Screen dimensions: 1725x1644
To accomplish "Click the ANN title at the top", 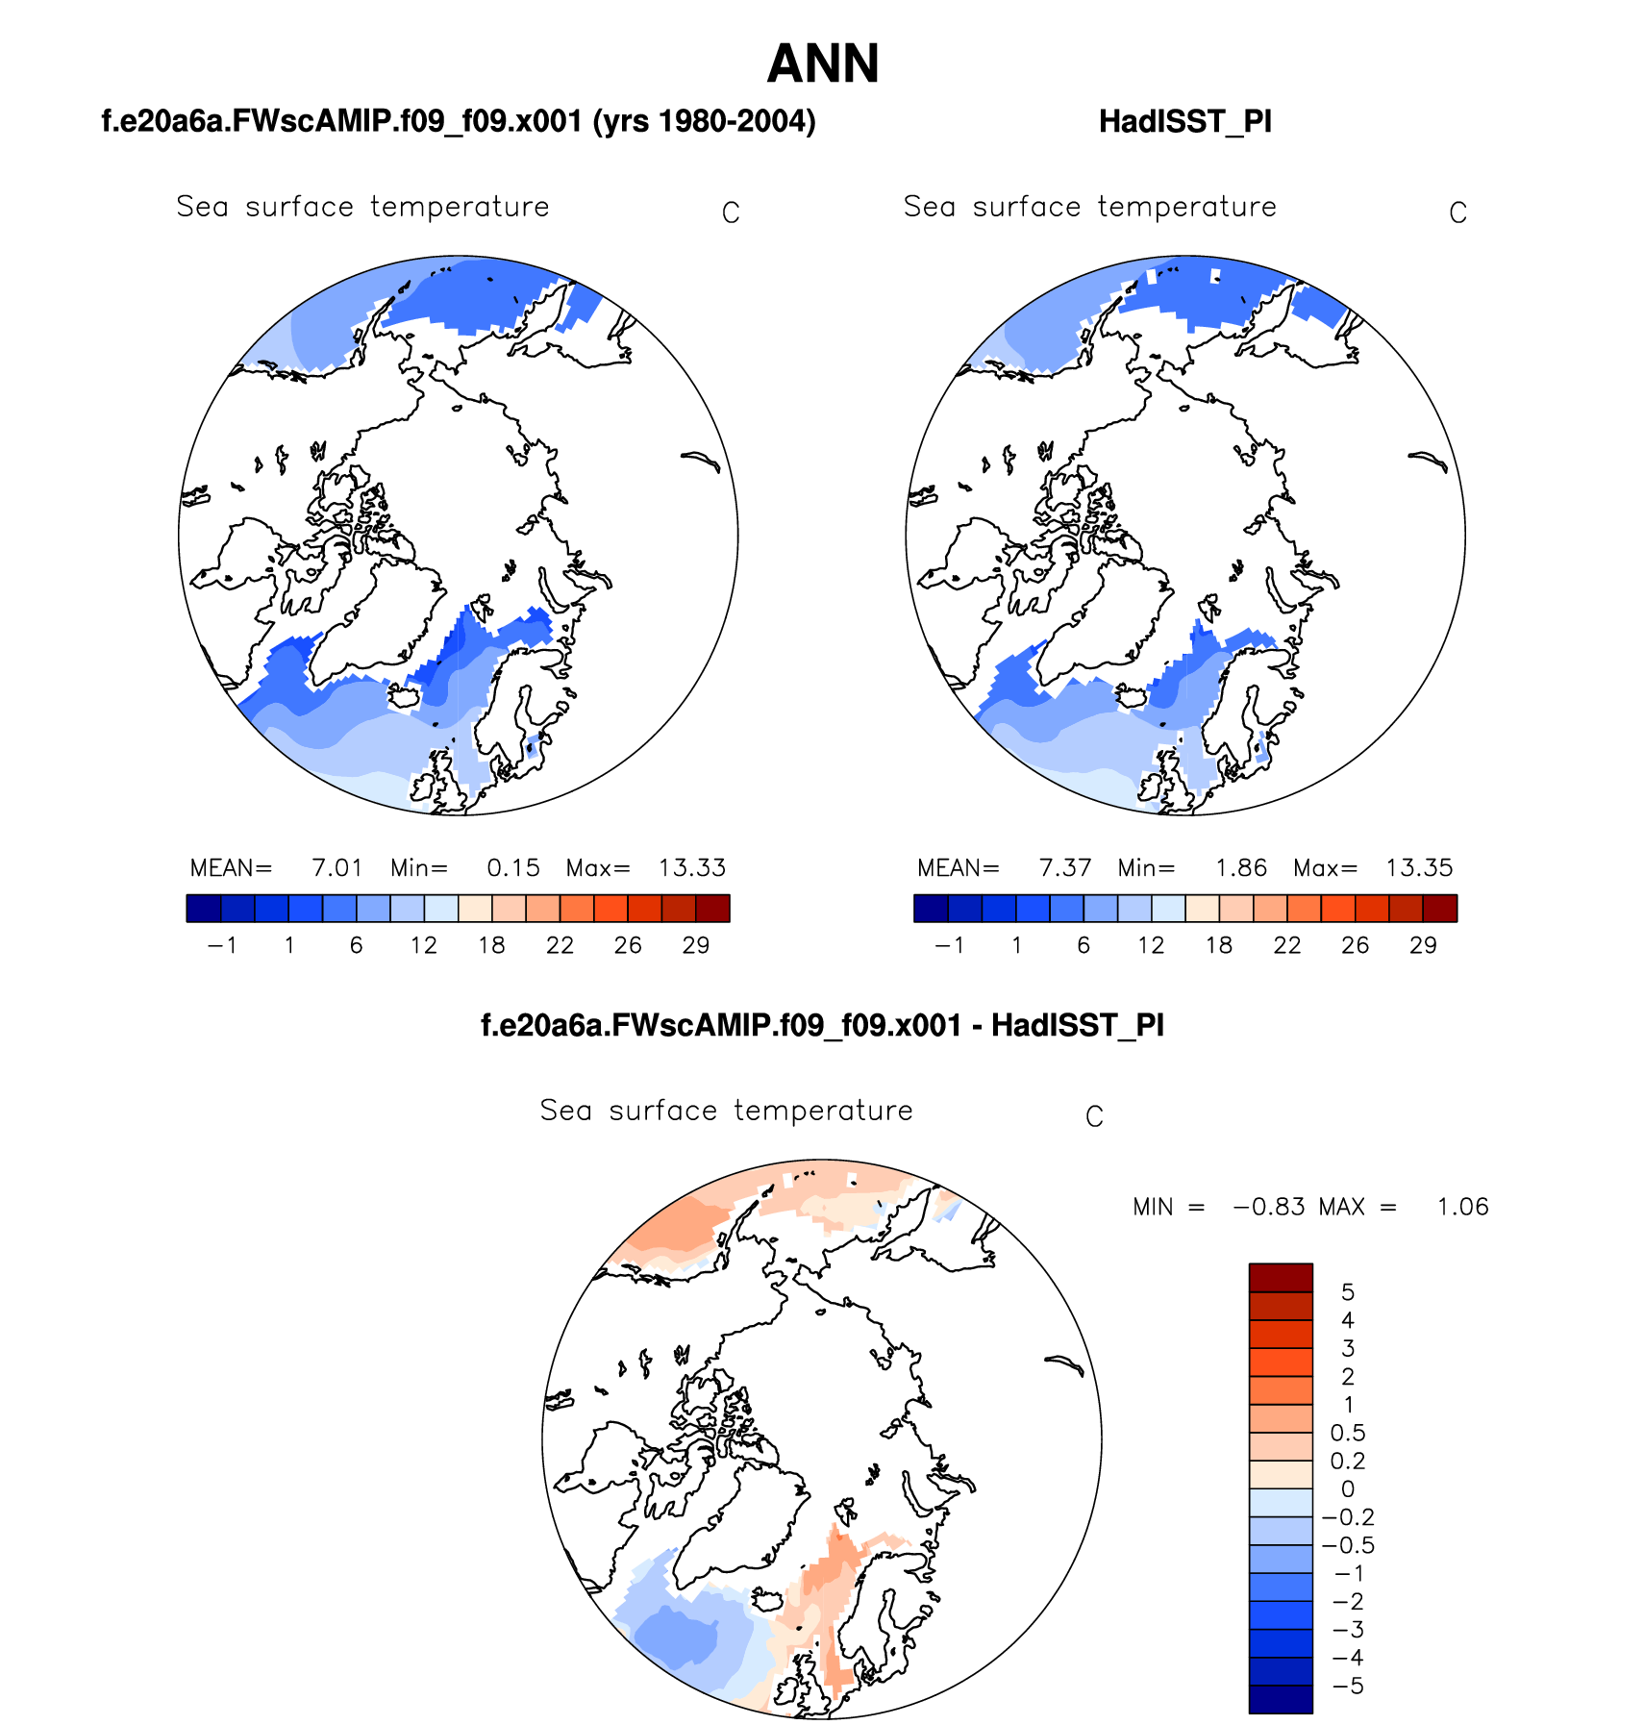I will click(823, 64).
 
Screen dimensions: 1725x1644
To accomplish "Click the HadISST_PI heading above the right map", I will click(1184, 122).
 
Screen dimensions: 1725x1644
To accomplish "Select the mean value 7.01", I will click(337, 868).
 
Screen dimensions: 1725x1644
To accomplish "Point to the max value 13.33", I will click(691, 868).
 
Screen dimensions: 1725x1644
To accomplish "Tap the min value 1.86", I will click(1240, 868).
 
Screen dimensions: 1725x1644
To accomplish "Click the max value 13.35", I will click(1419, 868).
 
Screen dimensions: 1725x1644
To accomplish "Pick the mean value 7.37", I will click(1065, 868).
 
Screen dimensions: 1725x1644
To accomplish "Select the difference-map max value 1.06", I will click(1462, 1207).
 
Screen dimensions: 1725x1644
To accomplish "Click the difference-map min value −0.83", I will click(1269, 1207).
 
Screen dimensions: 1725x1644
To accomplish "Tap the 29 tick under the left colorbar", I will click(696, 945).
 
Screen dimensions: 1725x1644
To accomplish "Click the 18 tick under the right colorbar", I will click(1219, 945).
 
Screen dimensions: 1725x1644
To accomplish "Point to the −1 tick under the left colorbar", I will click(222, 945).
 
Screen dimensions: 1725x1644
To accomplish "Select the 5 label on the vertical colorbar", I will click(1348, 1292).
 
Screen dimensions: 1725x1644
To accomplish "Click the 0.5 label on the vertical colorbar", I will click(1348, 1433).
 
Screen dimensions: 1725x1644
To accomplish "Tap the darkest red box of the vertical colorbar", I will click(1281, 1278).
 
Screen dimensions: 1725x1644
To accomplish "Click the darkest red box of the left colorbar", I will click(712, 909).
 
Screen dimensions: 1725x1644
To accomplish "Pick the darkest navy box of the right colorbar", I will click(931, 909).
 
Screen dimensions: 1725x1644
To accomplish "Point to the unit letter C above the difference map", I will click(1094, 1116).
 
